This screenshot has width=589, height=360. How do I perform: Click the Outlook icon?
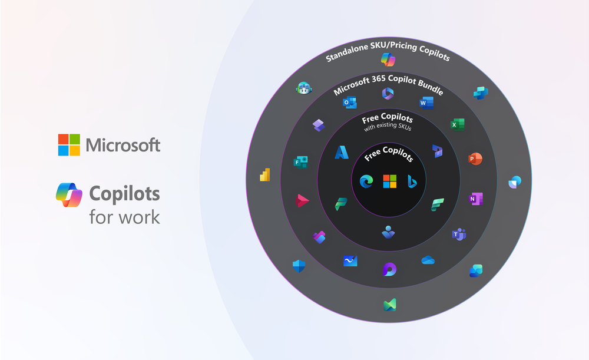[350, 103]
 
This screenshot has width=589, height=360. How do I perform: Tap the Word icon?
[426, 103]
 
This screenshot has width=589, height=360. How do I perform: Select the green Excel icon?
[457, 124]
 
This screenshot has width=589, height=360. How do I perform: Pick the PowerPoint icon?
[475, 159]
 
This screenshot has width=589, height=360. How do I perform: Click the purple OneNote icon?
[475, 199]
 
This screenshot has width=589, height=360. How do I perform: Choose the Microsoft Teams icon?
[458, 235]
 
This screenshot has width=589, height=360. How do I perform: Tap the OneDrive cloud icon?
[428, 260]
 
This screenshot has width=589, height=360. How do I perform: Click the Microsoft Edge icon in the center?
[366, 181]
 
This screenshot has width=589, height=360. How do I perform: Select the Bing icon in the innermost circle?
[411, 181]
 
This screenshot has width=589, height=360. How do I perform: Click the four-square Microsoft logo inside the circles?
[389, 181]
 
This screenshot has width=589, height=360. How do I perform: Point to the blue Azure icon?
[342, 153]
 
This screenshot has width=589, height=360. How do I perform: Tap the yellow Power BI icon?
[264, 175]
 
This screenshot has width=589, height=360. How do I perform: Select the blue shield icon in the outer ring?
[299, 266]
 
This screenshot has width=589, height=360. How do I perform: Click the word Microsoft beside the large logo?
[123, 144]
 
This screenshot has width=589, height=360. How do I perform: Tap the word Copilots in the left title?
[124, 193]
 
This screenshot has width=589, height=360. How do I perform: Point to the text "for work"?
[124, 217]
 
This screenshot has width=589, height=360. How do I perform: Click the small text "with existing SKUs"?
[388, 127]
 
